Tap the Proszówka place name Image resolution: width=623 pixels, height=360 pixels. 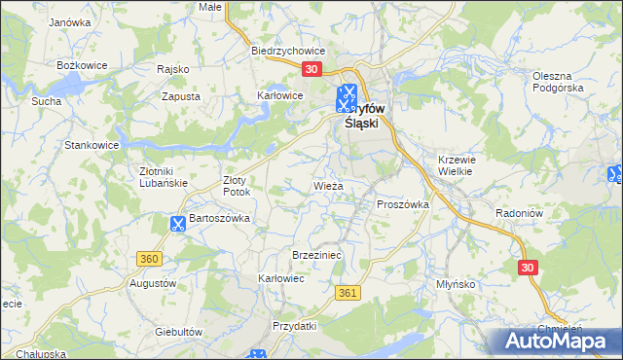pyautogui.click(x=403, y=204)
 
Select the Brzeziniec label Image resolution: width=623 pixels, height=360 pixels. pyautogui.click(x=314, y=254)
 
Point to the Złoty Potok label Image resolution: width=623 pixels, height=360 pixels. pyautogui.click(x=237, y=186)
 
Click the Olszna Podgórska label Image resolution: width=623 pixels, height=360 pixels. pyautogui.click(x=557, y=81)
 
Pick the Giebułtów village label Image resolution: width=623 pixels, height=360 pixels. pyautogui.click(x=178, y=332)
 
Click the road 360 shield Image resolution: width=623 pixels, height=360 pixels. pyautogui.click(x=149, y=258)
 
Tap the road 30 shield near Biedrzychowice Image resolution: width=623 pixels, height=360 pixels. pyautogui.click(x=311, y=69)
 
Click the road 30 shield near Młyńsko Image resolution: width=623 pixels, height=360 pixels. pyautogui.click(x=528, y=267)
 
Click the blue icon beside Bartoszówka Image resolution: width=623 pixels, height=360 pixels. pyautogui.click(x=177, y=224)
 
